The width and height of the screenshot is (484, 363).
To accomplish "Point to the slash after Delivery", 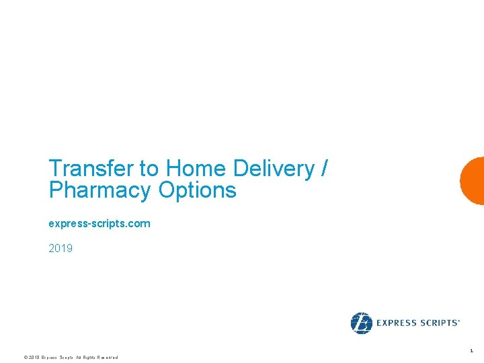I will (x=325, y=168).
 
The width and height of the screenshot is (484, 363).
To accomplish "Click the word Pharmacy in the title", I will (x=99, y=191).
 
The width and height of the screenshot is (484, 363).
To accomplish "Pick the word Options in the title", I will (x=198, y=191).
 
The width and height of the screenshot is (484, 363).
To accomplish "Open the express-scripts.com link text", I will (x=99, y=223).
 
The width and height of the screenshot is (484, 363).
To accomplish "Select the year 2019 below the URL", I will (x=61, y=249).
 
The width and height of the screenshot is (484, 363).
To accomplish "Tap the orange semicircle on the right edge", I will (x=473, y=180).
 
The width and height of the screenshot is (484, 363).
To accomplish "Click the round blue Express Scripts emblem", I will (x=361, y=323).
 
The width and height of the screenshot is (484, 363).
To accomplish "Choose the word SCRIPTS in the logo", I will (x=438, y=323).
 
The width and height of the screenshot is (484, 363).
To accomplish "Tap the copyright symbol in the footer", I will (x=25, y=358).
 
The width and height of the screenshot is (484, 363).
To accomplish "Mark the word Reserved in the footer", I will (x=108, y=358).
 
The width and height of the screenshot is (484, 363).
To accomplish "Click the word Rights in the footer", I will (x=89, y=358).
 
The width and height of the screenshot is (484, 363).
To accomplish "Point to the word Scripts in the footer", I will (x=65, y=358).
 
